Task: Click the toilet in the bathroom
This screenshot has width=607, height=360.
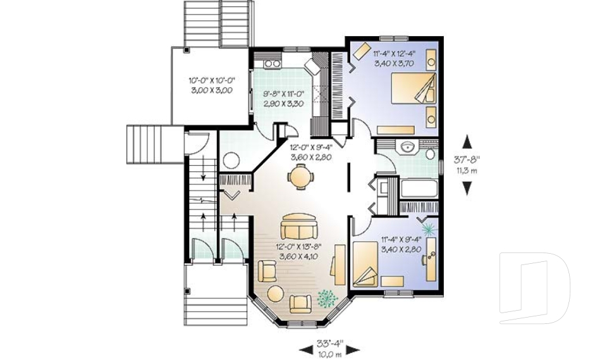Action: (x=430, y=152)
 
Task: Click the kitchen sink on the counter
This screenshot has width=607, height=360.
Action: (x=273, y=63)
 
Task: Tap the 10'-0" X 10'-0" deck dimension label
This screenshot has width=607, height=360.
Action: (x=211, y=85)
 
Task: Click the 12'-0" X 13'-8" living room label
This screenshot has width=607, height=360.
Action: (x=299, y=251)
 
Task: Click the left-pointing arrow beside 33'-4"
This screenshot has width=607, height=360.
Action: (x=305, y=349)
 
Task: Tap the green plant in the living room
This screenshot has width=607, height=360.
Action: (x=327, y=296)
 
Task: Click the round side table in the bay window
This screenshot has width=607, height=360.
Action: (x=275, y=294)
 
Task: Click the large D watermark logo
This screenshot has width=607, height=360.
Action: (x=534, y=283)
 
